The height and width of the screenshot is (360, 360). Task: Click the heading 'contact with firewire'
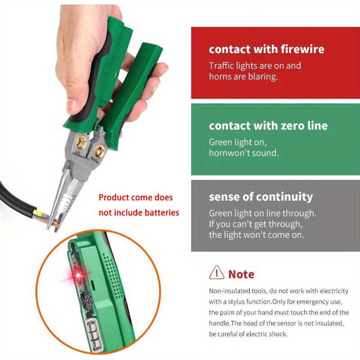point(266,49)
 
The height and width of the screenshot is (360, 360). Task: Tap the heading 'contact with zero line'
point(268,125)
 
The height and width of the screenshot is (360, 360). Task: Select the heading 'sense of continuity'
point(261,197)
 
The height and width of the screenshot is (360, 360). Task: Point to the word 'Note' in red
point(241,274)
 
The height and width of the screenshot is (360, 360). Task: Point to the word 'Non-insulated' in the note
point(230,291)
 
